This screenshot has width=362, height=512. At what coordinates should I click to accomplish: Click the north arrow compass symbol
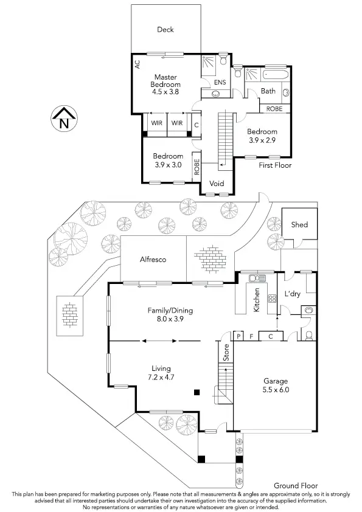[63, 119]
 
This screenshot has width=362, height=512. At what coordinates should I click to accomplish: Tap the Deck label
[165, 29]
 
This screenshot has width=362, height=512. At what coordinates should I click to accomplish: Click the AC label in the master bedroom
[137, 64]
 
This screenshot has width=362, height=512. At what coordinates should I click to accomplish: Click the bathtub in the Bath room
[277, 75]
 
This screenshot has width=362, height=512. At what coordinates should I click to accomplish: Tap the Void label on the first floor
[217, 184]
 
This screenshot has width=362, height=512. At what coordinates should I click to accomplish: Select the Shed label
[299, 224]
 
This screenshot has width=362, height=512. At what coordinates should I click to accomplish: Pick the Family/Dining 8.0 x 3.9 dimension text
[170, 314]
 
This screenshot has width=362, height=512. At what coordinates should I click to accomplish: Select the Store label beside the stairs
[226, 354]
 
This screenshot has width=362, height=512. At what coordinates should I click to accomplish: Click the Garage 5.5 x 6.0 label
[276, 386]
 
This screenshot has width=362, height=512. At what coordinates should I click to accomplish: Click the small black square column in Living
[196, 393]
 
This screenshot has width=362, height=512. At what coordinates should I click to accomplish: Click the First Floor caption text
[275, 165]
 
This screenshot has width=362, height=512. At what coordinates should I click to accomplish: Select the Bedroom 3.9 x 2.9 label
[262, 136]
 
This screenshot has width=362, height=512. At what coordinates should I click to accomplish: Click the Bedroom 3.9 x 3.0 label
[168, 160]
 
